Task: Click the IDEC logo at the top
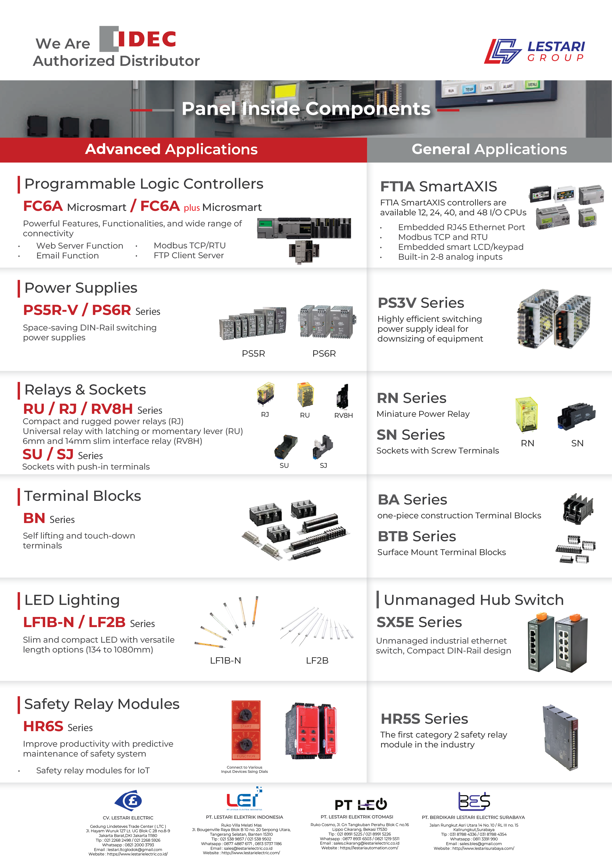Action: pyautogui.click(x=138, y=39)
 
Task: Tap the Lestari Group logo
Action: pyautogui.click(x=534, y=51)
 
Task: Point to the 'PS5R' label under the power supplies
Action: pyautogui.click(x=253, y=353)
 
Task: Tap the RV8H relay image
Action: pyautogui.click(x=343, y=396)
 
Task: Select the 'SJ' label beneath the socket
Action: pyautogui.click(x=323, y=465)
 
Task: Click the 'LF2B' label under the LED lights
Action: pyautogui.click(x=317, y=660)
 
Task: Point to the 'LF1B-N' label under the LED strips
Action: pyautogui.click(x=225, y=660)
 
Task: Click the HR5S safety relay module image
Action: pyautogui.click(x=560, y=737)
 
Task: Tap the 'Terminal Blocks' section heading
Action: pyautogui.click(x=83, y=496)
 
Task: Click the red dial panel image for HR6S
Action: pyautogui.click(x=246, y=730)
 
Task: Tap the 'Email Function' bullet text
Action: pyautogui.click(x=67, y=255)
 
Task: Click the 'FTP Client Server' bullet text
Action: pyautogui.click(x=188, y=255)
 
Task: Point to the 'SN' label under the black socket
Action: pyautogui.click(x=577, y=443)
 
